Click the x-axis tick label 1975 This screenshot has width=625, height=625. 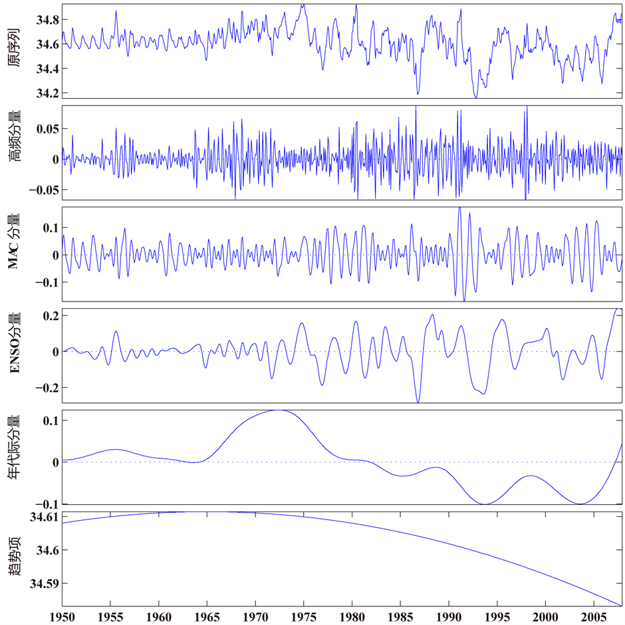[x=304, y=616]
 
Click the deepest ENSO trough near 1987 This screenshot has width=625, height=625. [x=418, y=402]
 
